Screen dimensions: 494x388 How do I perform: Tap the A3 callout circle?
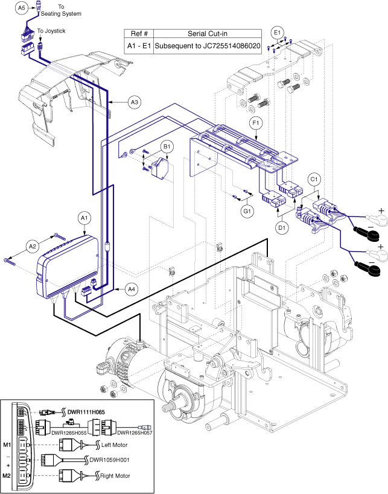135,103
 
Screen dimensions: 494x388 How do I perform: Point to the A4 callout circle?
132,289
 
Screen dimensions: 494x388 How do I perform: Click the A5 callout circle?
21,8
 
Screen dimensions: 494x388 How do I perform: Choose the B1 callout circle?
167,146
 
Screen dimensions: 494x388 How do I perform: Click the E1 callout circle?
277,31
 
